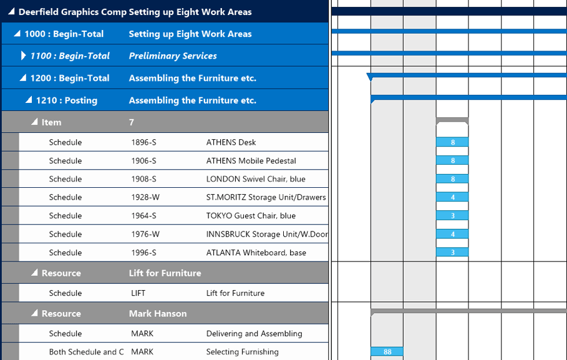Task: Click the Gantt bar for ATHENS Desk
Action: tap(452, 142)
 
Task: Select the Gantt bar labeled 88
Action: tap(387, 352)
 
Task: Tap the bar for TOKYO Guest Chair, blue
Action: tap(452, 216)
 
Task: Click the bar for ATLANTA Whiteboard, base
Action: tap(452, 253)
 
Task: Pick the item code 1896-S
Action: tap(143, 142)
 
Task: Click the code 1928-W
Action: tap(145, 197)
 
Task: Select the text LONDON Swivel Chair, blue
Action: tap(256, 179)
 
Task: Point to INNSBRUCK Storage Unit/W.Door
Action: tap(267, 235)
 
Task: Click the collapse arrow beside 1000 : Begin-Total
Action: tap(17, 34)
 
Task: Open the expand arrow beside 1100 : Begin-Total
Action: tap(24, 56)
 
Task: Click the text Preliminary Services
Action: tap(173, 56)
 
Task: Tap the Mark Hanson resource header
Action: tap(158, 314)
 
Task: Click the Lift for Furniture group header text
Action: tap(165, 273)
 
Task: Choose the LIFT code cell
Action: tap(138, 293)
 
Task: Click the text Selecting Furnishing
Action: tap(242, 352)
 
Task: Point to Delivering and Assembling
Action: tap(254, 334)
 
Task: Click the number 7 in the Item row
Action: tap(132, 122)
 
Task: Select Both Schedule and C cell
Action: tap(86, 352)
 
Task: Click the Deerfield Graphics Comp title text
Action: tap(72, 12)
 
